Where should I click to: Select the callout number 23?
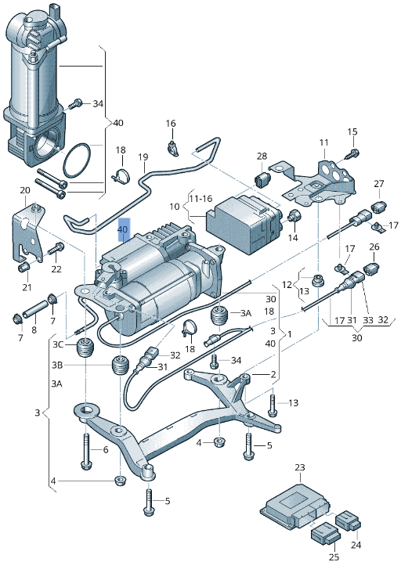tap(299, 468)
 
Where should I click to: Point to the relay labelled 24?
tap(348, 520)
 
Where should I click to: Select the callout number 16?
tap(170, 124)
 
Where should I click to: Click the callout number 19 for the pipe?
tap(143, 157)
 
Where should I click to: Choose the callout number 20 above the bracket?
tap(24, 191)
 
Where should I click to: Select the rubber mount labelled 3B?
tap(118, 366)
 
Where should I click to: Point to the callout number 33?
tap(367, 319)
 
